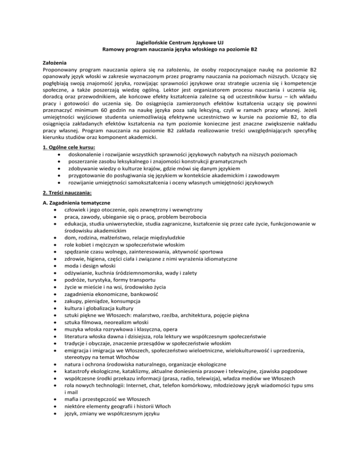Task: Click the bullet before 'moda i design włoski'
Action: pyautogui.click(x=56, y=267)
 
